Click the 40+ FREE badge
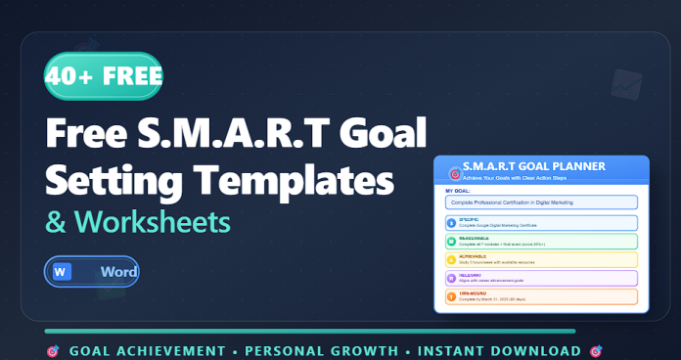103,76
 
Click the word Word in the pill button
116,271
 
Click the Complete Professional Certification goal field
540,202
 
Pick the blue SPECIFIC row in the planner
540,222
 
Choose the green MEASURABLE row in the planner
540,241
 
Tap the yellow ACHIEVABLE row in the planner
540,259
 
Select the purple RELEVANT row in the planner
540,278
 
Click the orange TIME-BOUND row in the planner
540,295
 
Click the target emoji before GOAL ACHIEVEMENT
51,350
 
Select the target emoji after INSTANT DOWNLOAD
597,350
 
